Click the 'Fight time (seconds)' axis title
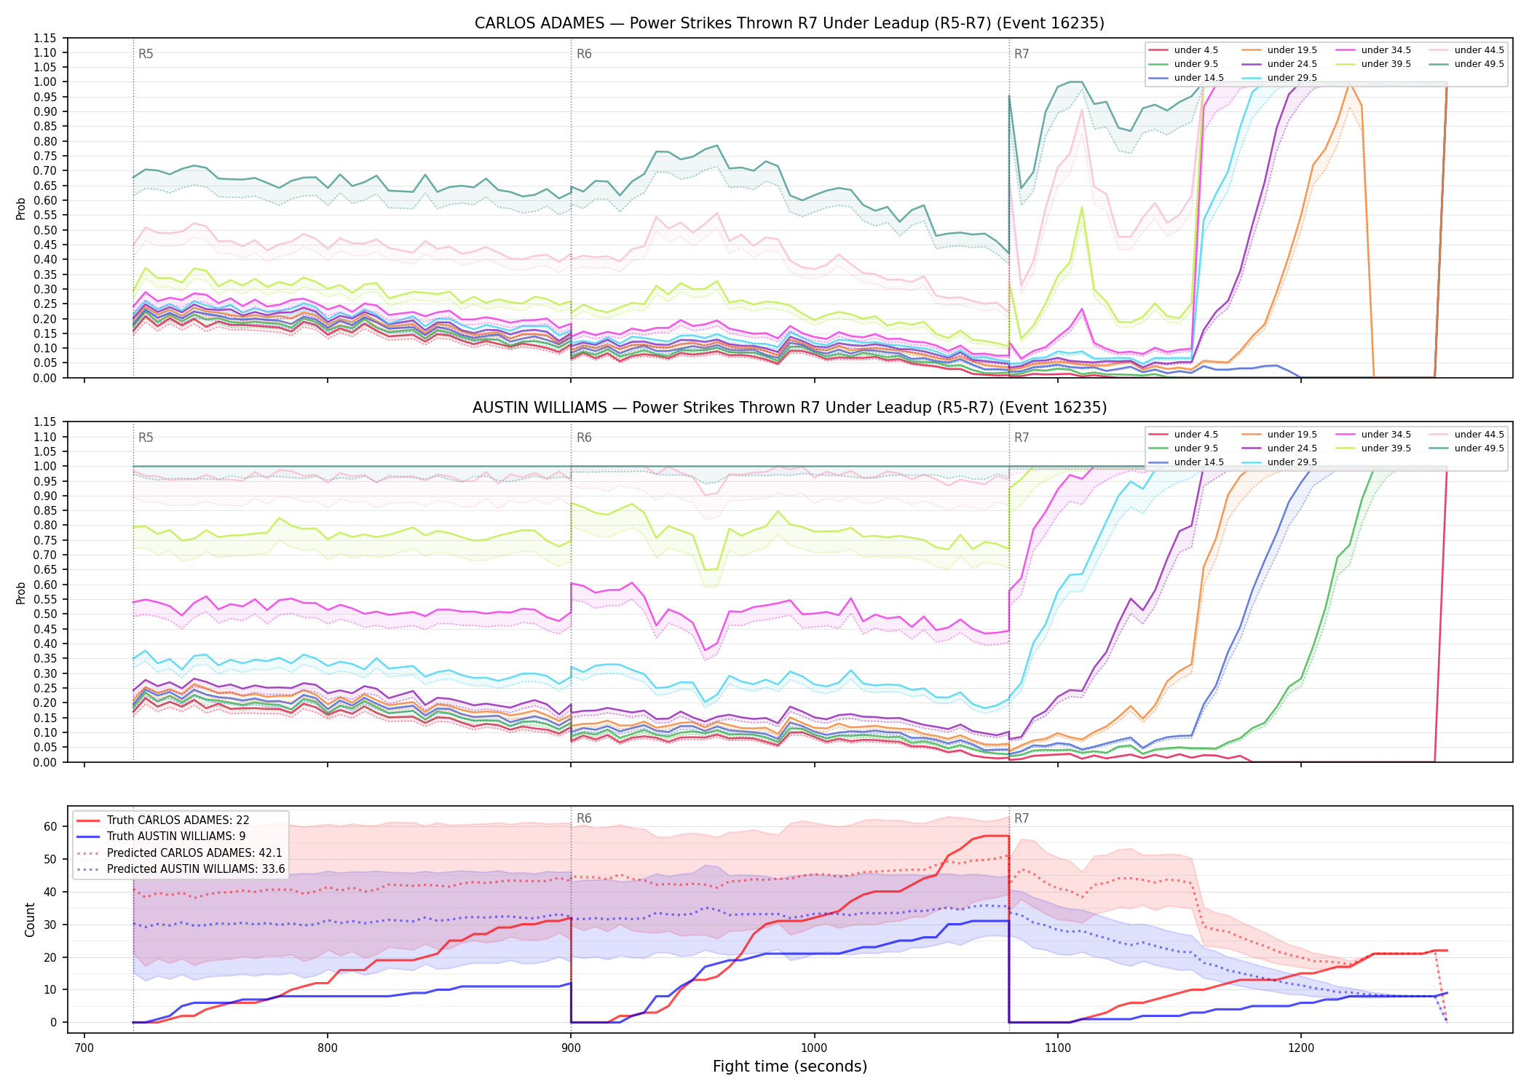tap(790, 1067)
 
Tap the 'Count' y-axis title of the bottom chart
tap(30, 919)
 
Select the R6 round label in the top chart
tap(584, 54)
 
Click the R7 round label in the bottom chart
tap(1022, 818)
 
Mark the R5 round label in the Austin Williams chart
tap(146, 438)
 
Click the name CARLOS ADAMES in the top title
tap(540, 23)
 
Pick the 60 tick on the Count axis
tap(50, 826)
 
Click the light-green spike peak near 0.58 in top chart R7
tap(1082, 207)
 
